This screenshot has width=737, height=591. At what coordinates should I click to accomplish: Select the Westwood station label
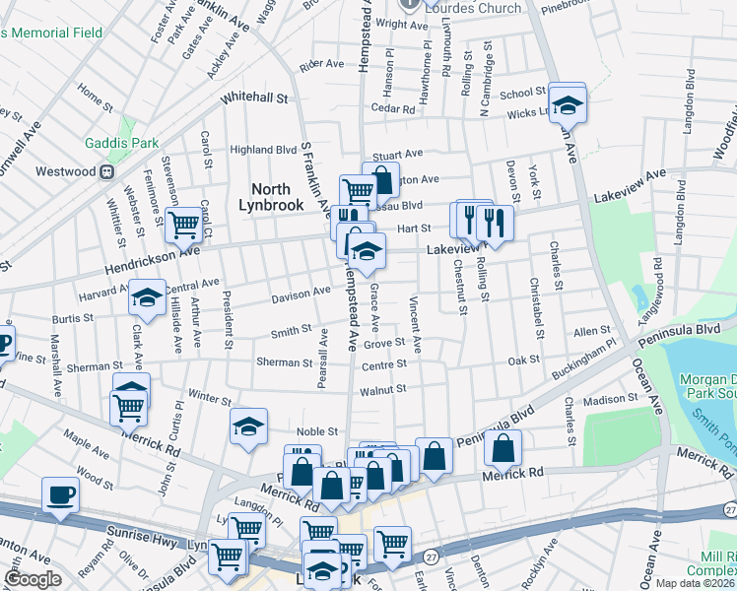click(x=65, y=171)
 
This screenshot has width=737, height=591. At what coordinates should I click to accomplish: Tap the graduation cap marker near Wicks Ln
click(x=568, y=102)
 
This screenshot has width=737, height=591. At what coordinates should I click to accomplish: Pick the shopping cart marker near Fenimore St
click(x=183, y=226)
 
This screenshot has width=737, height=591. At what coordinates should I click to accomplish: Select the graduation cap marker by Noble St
click(x=249, y=427)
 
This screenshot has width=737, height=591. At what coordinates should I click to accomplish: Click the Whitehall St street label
click(x=254, y=98)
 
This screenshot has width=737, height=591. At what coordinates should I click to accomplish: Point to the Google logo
click(x=33, y=580)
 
